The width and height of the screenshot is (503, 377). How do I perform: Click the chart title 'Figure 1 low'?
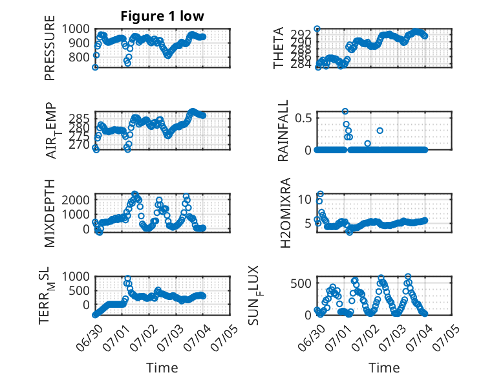click(x=162, y=16)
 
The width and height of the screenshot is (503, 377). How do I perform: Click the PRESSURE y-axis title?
click(x=50, y=48)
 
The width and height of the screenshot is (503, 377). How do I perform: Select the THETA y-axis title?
click(x=279, y=48)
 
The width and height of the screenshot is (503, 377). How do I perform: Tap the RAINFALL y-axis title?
click(x=283, y=131)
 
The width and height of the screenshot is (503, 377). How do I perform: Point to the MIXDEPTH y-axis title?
click(x=50, y=213)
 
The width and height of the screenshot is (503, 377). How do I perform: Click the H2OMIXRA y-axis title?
click(x=285, y=213)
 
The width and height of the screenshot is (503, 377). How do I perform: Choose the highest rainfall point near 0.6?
click(x=345, y=111)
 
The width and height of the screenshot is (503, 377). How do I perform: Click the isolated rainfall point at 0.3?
click(x=380, y=131)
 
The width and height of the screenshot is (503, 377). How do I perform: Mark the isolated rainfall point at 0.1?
click(x=368, y=144)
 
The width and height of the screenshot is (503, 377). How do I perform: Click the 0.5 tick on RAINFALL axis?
click(x=303, y=118)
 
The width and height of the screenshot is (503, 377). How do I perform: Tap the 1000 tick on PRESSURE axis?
click(x=76, y=29)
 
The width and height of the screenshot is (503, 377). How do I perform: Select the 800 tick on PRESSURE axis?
click(x=80, y=58)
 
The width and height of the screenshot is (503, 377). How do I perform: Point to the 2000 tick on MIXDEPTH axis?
click(x=76, y=200)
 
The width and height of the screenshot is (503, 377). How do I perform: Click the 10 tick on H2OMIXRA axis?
click(x=305, y=199)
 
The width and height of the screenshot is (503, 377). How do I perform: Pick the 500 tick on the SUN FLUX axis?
click(x=301, y=283)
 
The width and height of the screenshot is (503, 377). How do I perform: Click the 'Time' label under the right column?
click(x=384, y=368)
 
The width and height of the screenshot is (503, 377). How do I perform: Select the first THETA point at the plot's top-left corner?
click(x=317, y=29)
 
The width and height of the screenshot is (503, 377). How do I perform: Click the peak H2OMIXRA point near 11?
click(x=320, y=194)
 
